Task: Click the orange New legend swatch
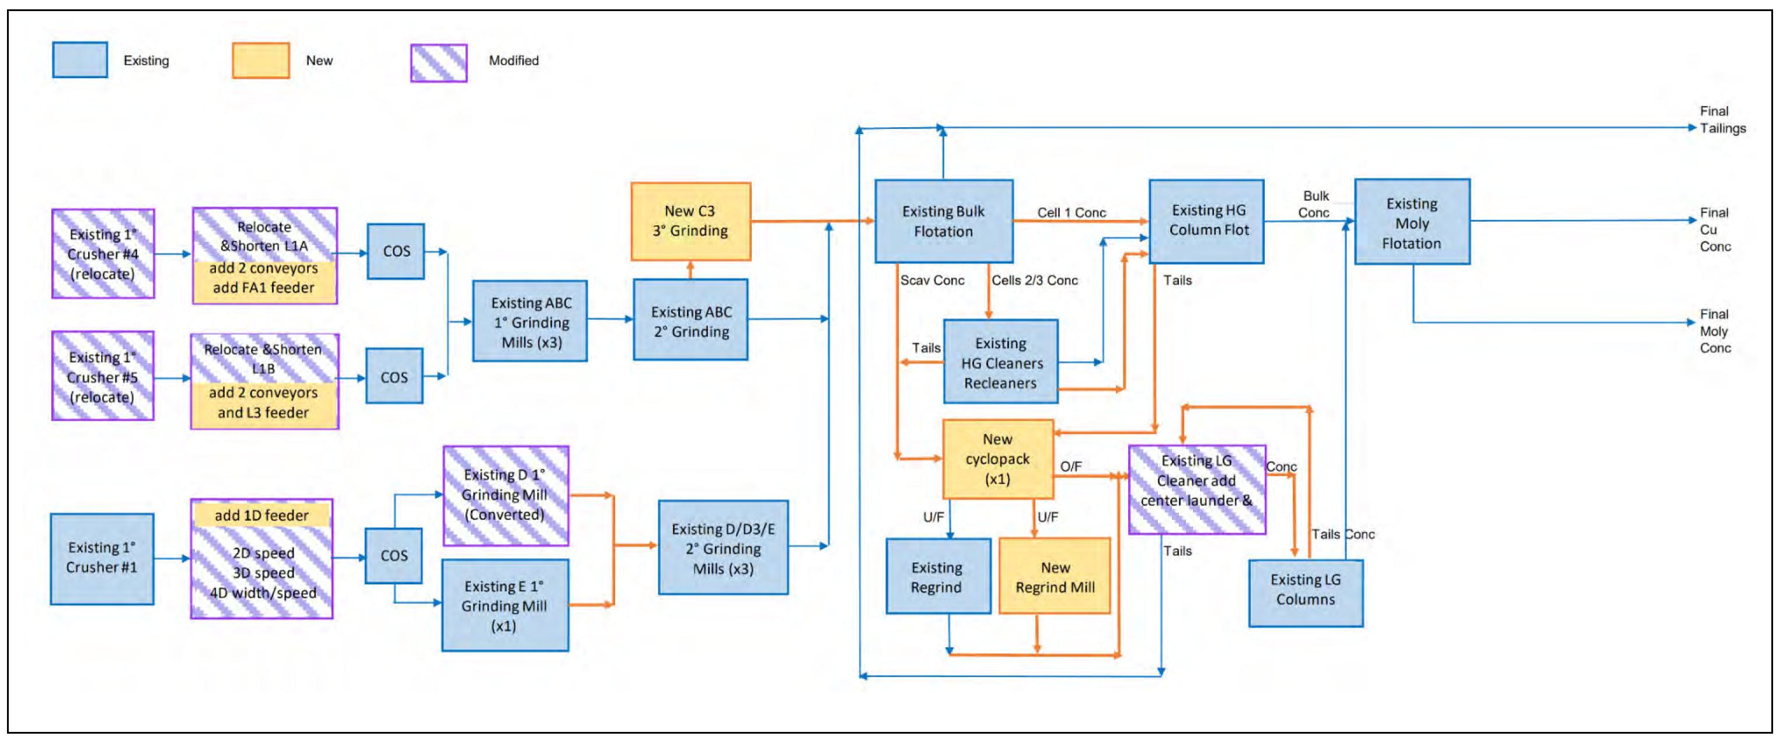(260, 61)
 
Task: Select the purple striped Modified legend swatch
(439, 63)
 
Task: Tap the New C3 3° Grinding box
(690, 222)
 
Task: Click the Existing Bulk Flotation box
(943, 222)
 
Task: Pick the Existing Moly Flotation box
(1412, 222)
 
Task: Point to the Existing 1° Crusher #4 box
(103, 254)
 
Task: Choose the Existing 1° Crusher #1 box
(102, 558)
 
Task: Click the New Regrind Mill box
(1054, 576)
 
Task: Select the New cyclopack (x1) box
(997, 459)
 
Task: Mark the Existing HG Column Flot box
(1206, 222)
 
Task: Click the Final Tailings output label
(1722, 120)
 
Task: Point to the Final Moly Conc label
(1715, 331)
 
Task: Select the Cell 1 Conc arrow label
(1071, 212)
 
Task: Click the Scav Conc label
(931, 280)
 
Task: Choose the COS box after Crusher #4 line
(396, 251)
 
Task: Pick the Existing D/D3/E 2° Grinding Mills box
(723, 548)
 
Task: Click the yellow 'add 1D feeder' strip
(261, 515)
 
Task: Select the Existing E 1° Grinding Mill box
(505, 605)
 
